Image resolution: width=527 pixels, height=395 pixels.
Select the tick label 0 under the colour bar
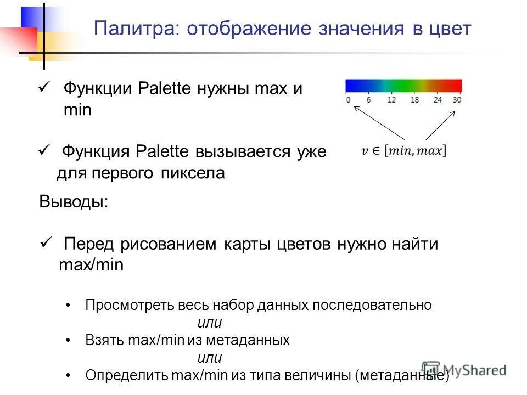click(348, 100)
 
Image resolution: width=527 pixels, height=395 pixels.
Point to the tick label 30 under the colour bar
click(457, 100)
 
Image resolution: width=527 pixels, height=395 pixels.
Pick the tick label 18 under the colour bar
click(414, 100)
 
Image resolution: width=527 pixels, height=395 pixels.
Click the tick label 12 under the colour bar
click(391, 100)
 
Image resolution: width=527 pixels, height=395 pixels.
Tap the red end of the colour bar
click(456, 85)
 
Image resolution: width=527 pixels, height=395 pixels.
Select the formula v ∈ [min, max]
click(404, 151)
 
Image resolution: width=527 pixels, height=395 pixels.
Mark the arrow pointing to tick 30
click(440, 125)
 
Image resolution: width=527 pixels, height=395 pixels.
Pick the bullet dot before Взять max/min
click(68, 341)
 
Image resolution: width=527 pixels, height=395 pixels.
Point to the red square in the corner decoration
click(16, 38)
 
